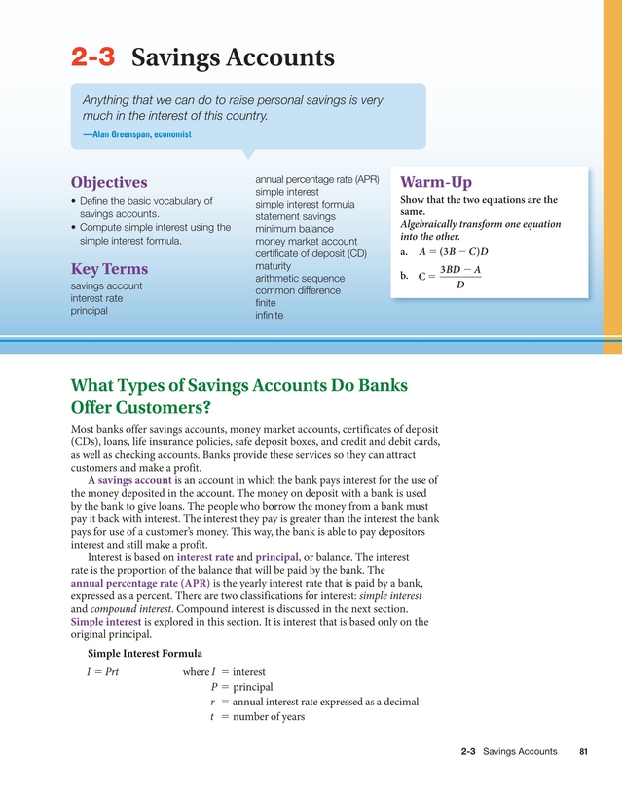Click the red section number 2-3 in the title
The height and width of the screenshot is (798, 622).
point(92,57)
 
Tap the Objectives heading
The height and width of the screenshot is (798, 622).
point(109,183)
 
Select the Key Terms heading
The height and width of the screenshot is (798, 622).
point(109,269)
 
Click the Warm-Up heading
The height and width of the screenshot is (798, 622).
point(435,183)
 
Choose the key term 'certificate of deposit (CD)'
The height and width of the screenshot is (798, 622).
point(311,254)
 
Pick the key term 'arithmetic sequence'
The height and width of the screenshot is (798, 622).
point(299,279)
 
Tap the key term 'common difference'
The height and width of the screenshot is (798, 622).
point(301,291)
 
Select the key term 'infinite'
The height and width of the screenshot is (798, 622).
point(269,316)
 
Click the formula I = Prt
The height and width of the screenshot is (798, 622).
point(103,672)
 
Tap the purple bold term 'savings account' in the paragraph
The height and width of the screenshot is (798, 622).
point(135,480)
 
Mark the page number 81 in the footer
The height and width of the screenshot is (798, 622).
point(583,752)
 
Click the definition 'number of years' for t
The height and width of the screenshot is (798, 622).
point(269,717)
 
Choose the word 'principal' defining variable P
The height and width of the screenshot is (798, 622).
point(253,687)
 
